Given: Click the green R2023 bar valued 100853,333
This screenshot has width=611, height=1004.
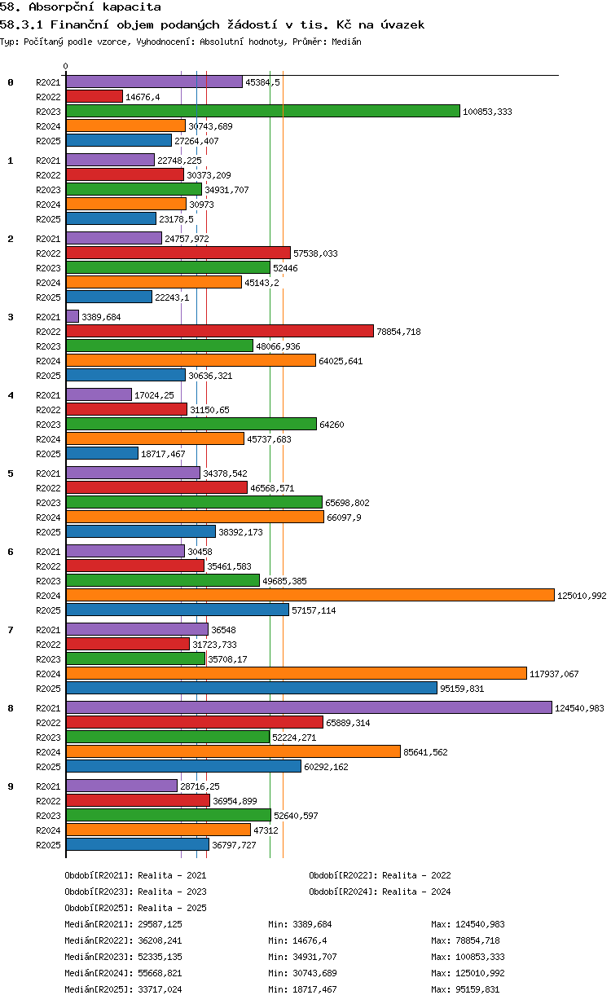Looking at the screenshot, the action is pos(263,111).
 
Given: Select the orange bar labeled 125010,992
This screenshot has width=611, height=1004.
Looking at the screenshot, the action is pos(310,595).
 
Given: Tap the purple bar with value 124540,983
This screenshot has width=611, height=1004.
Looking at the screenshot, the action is pos(309,707).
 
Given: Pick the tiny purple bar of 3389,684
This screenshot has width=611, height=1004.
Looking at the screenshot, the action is pos(73,316).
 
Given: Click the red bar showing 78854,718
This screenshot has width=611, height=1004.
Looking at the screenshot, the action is pos(220,331).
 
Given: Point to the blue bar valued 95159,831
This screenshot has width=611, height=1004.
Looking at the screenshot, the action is pos(252,688).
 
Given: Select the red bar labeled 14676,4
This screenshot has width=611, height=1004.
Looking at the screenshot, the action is pos(95,96).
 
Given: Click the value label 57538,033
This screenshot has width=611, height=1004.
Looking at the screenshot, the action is pos(315,253).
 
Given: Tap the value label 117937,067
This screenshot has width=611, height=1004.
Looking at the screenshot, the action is pos(554,674).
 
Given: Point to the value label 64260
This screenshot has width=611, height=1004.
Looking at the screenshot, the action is pos(332,425).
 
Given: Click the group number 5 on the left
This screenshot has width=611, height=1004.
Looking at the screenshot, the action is pos(11,473).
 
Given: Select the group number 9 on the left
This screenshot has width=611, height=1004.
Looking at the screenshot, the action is pos(11,786).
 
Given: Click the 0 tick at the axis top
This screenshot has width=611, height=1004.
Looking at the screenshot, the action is pos(65,66).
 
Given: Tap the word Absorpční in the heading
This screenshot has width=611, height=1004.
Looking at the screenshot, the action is pos(61,7).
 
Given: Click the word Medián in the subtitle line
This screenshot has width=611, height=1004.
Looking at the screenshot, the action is pos(346,42).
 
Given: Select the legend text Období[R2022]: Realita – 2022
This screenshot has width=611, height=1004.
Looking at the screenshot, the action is pos(380,875).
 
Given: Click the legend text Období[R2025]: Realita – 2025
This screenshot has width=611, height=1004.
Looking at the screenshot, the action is pos(136,908).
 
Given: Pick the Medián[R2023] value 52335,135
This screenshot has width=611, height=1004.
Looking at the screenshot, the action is pos(160,957).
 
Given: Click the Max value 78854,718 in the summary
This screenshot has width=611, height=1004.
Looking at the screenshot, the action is pos(477,940).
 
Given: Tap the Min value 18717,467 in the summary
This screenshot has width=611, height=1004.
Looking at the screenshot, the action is pos(314,989).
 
